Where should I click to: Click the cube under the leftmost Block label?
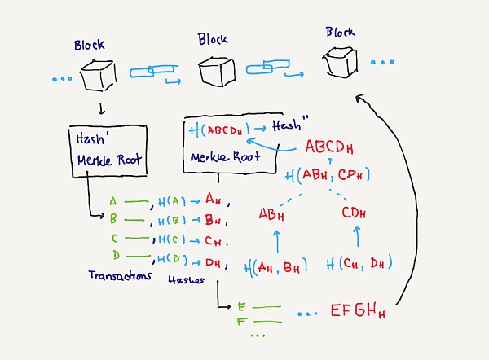[95, 75]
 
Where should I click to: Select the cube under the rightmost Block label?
[338, 61]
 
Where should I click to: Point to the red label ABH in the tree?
[273, 214]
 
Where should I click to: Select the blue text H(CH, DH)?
[359, 263]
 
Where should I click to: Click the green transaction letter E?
[241, 306]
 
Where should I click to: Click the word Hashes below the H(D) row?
[185, 279]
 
